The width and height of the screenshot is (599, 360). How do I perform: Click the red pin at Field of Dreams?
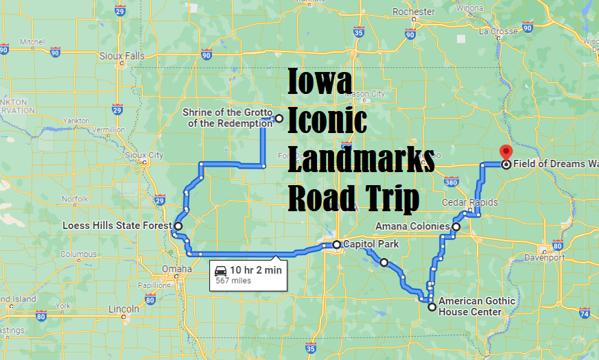coord(506,153)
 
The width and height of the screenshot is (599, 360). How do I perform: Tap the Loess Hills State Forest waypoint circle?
coord(178,226)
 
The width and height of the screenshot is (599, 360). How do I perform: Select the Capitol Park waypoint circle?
coord(337,244)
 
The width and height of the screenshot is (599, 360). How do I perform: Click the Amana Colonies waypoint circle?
coord(456,226)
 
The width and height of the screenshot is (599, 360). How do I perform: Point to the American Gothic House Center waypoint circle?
coord(432,308)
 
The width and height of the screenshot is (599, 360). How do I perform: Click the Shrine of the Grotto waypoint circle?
coord(279,118)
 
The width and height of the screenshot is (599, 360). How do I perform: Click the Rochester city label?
coord(414,12)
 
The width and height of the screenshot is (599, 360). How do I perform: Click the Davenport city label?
coord(543,258)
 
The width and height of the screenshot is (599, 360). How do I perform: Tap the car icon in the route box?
coord(220,269)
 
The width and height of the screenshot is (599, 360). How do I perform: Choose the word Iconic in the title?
coord(327,121)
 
